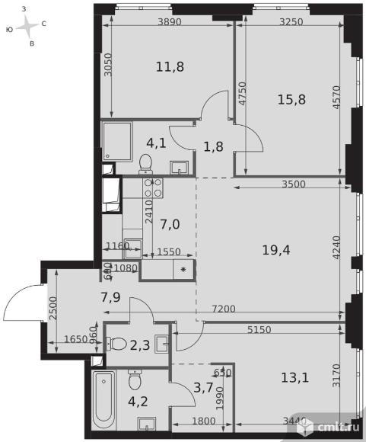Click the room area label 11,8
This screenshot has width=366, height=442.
148,66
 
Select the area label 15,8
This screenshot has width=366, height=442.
292,98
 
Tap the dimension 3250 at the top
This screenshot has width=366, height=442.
290,22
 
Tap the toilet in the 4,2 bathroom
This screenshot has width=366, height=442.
135,379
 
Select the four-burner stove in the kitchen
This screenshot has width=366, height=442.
153,187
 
